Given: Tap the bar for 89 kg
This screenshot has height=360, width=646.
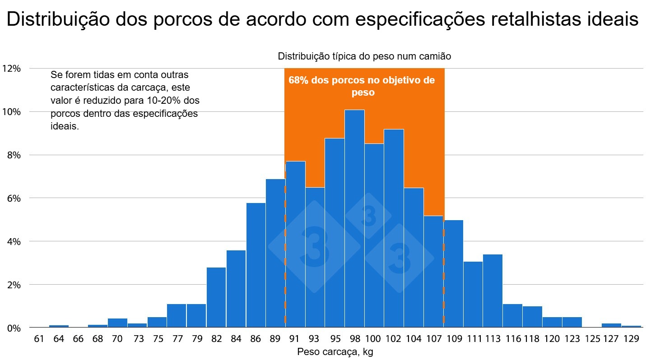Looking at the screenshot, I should point(275,253).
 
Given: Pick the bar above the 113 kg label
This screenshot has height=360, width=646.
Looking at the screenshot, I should point(493,291).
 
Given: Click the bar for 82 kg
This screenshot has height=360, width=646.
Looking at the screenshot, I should point(216,297).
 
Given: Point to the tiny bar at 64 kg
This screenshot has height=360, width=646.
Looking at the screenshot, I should point(59,326).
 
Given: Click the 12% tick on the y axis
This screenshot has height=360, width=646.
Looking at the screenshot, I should point(11,69).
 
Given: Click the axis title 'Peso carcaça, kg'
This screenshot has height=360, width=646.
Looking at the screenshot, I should point(335,352).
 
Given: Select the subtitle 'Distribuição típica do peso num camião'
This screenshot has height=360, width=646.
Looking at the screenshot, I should point(364,56).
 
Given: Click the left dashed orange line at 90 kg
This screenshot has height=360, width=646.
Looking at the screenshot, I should point(285,271).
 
